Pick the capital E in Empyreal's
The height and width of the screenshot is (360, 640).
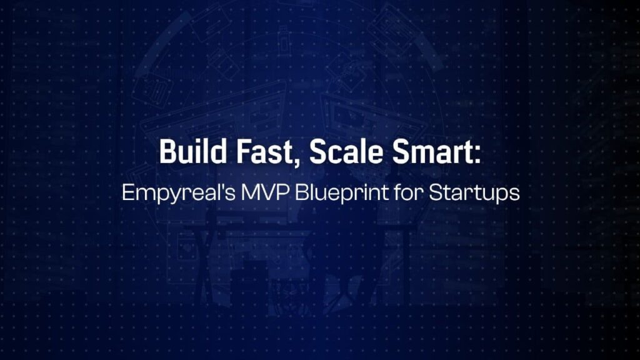point(127,191)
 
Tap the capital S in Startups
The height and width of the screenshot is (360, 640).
point(435,191)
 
